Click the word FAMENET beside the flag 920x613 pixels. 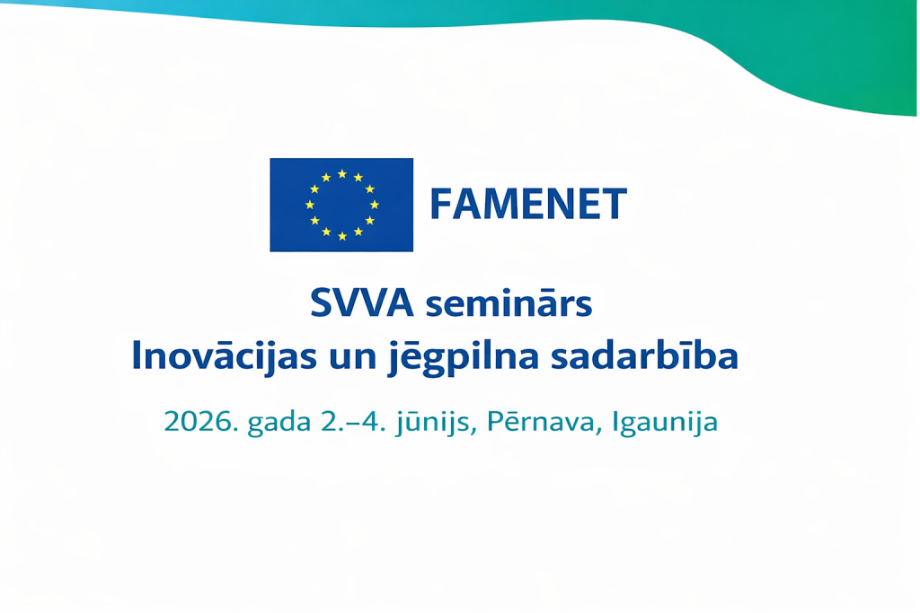pyautogui.click(x=528, y=204)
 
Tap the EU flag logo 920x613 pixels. pyautogui.click(x=341, y=205)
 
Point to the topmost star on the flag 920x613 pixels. pyautogui.click(x=342, y=174)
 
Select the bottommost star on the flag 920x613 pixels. pyautogui.click(x=342, y=236)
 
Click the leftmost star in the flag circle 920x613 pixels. pyautogui.click(x=310, y=205)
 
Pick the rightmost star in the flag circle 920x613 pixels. pyautogui.click(x=375, y=205)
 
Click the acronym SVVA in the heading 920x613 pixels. pyautogui.click(x=362, y=303)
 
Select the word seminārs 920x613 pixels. pyautogui.click(x=509, y=303)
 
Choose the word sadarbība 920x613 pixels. pyautogui.click(x=644, y=355)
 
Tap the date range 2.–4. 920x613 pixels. pyautogui.click(x=353, y=421)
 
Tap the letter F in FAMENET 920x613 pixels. pyautogui.click(x=442, y=204)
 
